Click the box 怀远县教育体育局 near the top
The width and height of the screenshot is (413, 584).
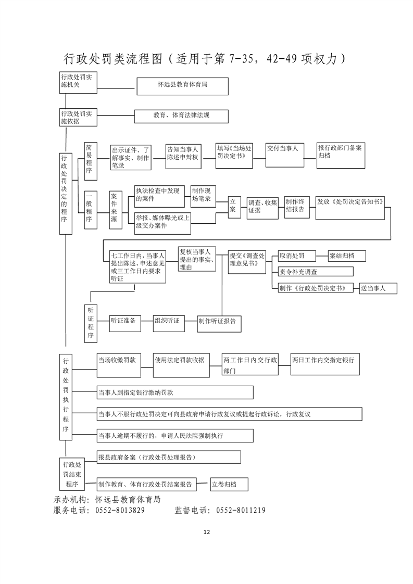point(183,86)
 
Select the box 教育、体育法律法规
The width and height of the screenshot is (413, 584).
point(182,116)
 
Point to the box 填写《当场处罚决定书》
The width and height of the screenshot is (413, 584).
point(234,156)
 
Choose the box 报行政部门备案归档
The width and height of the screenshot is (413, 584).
point(341,156)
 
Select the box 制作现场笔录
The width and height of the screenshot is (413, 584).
point(203,196)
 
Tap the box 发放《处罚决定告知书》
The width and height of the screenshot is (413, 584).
point(350,208)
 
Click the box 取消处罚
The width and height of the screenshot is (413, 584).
point(297,256)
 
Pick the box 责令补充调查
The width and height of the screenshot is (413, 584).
point(316,272)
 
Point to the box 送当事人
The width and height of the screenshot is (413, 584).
point(378,288)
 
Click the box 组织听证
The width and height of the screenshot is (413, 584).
point(169,323)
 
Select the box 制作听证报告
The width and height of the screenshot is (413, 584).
point(219,323)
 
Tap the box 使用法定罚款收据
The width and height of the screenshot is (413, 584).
point(181,365)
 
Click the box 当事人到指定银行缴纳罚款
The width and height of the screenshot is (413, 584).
point(175,392)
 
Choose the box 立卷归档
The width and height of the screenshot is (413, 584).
point(229,484)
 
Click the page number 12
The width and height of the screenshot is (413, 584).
point(207,532)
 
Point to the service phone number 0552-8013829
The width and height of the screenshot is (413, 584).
point(120,510)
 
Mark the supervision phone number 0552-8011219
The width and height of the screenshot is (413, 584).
point(241,510)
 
